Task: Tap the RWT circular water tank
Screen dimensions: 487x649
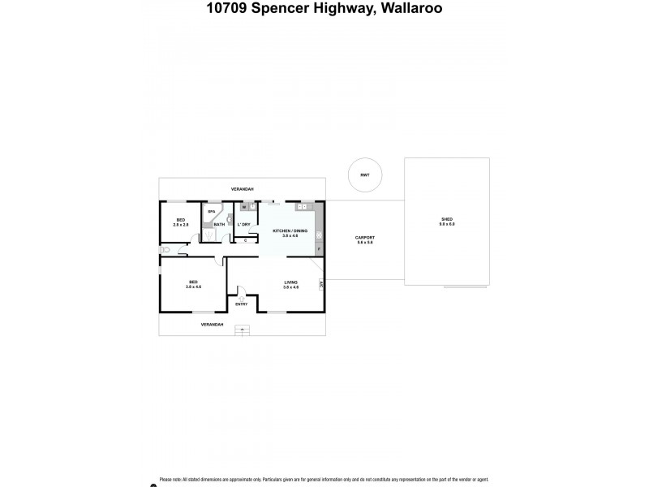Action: click(x=364, y=174)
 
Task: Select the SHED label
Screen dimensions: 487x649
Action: click(x=447, y=219)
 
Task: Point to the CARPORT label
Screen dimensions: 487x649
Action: click(x=364, y=238)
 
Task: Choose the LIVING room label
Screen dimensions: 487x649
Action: click(x=290, y=282)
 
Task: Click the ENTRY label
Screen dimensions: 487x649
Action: click(x=242, y=304)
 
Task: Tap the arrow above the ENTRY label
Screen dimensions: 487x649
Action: click(x=241, y=297)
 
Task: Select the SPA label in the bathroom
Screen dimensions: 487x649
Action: click(x=212, y=212)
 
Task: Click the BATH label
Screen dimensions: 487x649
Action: click(x=219, y=224)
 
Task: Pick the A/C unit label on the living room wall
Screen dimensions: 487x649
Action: click(x=321, y=285)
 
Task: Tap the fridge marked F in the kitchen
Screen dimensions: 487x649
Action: click(x=319, y=248)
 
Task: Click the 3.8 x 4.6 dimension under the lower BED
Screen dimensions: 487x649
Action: click(x=193, y=287)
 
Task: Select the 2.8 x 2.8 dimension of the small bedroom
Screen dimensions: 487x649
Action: click(x=181, y=224)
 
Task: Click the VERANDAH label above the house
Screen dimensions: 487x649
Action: click(x=242, y=189)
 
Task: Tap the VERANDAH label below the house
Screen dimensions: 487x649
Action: click(x=212, y=324)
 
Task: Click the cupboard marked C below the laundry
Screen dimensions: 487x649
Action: click(x=245, y=239)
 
